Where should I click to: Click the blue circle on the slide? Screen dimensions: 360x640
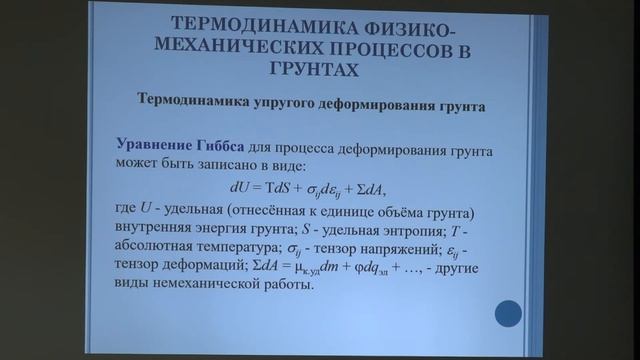[x=508, y=314]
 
